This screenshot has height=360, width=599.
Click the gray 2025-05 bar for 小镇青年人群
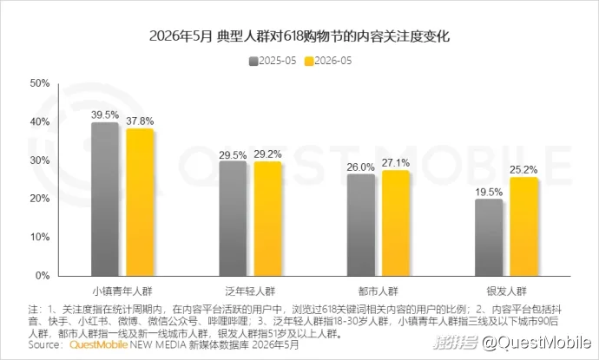coord(105,199)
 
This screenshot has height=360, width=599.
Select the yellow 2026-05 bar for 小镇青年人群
coord(140,202)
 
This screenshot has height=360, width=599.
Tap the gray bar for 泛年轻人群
coord(233,219)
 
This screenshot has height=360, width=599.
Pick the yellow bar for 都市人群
coord(396,223)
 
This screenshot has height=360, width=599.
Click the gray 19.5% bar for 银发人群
coord(489,238)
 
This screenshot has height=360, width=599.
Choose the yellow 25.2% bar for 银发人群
coord(523,226)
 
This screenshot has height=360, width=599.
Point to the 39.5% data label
coord(105,115)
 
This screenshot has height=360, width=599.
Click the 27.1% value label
coord(396,163)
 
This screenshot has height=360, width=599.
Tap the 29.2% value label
coord(267,154)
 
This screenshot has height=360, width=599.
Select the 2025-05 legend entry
coord(273,61)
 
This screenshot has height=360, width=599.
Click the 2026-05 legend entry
coord(328,61)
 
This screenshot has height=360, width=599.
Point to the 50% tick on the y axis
coord(40,83)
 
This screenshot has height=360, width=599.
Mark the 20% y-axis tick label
coord(40,199)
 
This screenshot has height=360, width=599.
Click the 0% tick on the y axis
coord(43,276)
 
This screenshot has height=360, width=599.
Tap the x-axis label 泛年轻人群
coord(250,291)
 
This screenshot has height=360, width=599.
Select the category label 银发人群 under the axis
coord(507,291)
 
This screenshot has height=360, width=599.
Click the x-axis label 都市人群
coord(378,291)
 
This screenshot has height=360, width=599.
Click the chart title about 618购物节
coord(299,36)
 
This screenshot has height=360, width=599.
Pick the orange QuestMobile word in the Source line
coord(99,344)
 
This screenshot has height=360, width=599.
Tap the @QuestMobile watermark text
coord(536,343)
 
